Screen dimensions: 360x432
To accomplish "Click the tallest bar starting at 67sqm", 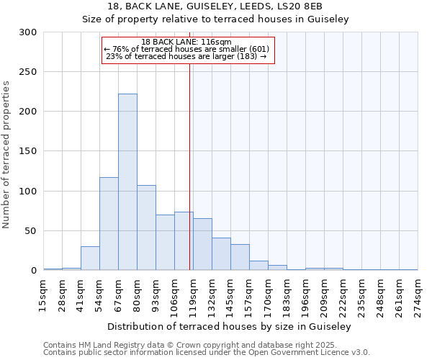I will [x=127, y=182].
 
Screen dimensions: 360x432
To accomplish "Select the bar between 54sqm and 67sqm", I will [x=109, y=224].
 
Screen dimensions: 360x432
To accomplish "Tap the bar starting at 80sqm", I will [x=146, y=228].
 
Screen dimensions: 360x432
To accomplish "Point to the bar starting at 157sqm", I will [x=258, y=265].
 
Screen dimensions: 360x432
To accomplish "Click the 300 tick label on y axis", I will [x=28, y=32].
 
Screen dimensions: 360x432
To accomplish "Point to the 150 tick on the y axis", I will [x=28, y=151].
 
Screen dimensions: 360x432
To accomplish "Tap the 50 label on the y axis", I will [x=31, y=231].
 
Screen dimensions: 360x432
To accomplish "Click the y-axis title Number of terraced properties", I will [x=6, y=155].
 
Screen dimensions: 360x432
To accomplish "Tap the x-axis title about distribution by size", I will [x=230, y=327].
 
